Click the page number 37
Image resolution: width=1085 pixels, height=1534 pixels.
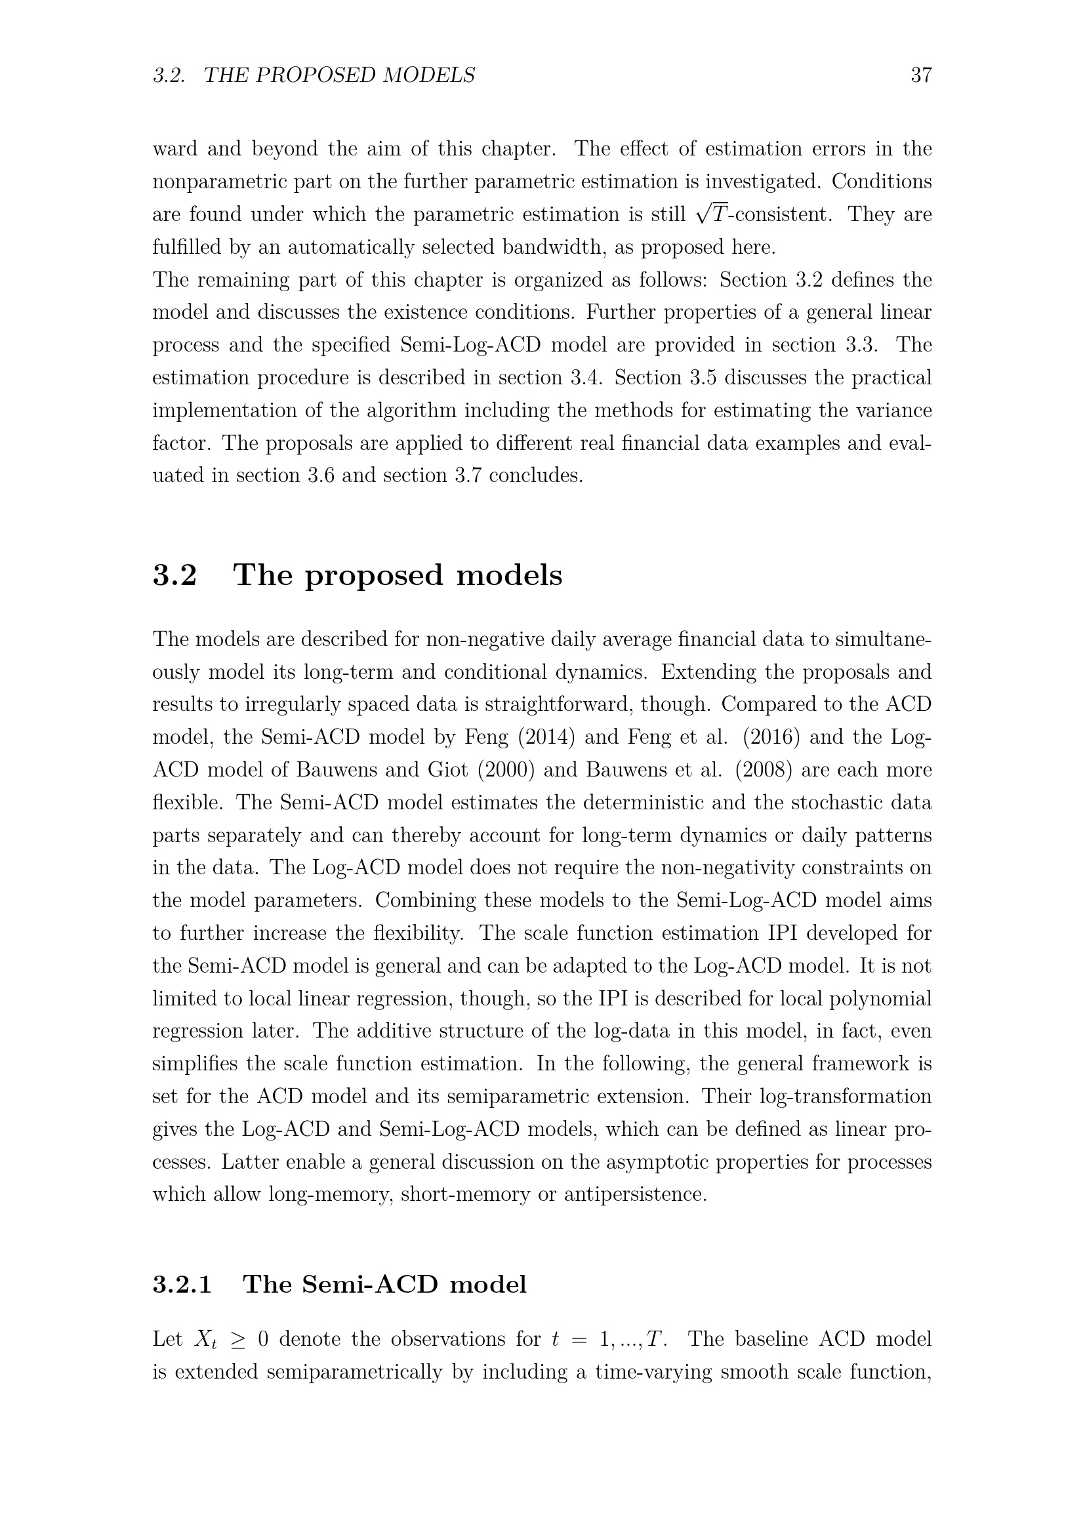[x=920, y=75]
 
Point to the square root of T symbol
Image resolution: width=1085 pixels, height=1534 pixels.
[x=711, y=214]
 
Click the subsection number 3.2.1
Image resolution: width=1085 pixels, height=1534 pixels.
[x=182, y=1284]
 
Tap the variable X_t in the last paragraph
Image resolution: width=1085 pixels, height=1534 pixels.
[x=205, y=1340]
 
